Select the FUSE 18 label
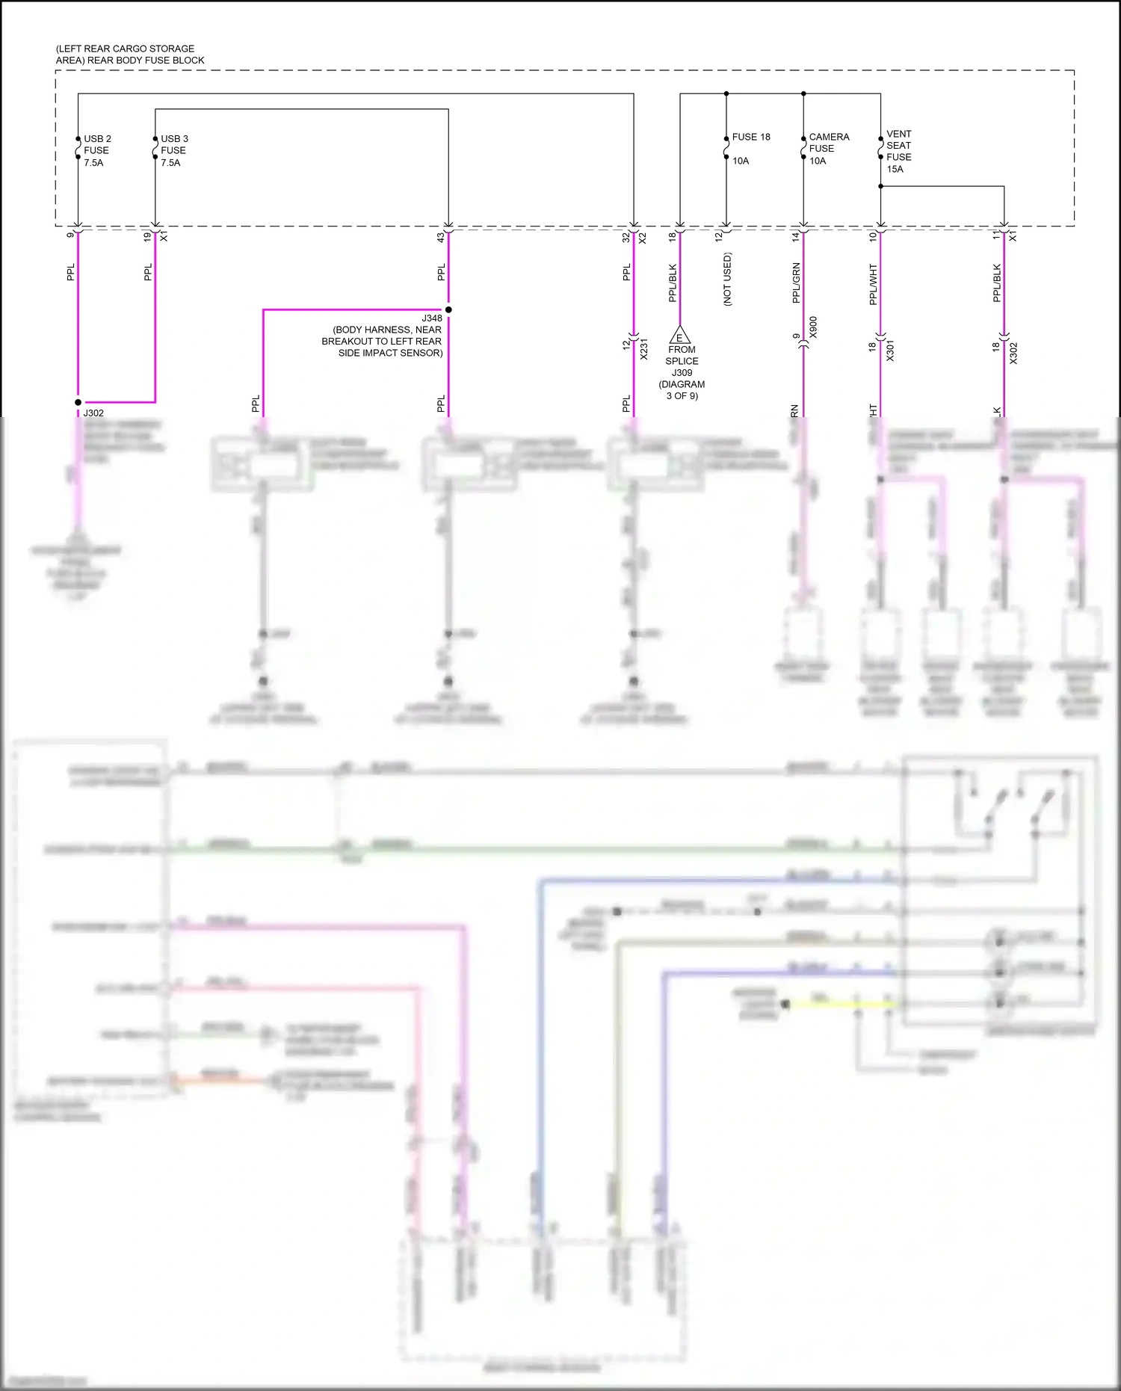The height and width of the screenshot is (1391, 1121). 751,137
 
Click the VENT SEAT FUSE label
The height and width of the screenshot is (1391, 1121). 898,146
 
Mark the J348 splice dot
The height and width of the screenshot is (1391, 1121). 448,309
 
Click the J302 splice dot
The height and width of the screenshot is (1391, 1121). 78,402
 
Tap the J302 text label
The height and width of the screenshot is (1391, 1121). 93,413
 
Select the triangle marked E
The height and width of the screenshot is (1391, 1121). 679,336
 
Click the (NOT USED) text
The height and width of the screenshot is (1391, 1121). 727,279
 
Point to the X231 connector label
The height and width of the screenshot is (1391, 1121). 643,349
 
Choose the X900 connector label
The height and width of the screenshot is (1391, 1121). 813,327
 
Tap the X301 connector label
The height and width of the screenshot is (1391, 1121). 890,351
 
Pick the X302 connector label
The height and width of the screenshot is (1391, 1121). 1013,353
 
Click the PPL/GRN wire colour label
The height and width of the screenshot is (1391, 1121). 796,283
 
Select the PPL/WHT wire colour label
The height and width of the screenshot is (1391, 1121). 873,284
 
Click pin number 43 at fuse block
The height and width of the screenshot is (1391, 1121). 441,237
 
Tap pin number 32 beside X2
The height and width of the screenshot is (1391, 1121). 626,238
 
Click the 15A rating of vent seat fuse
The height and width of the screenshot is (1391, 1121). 895,169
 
